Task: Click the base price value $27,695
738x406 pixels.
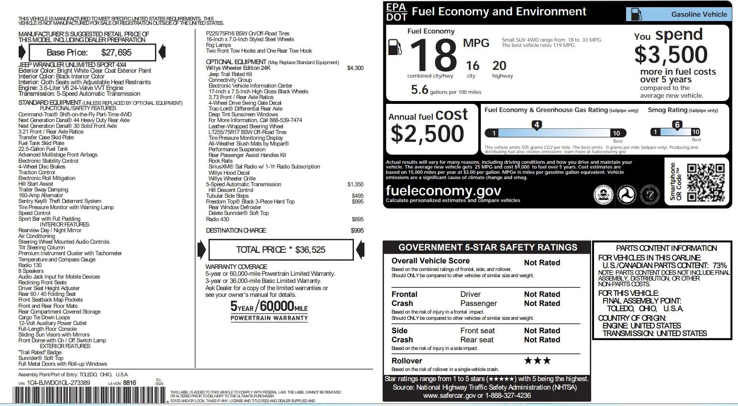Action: pyautogui.click(x=116, y=53)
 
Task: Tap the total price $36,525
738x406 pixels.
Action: pyautogui.click(x=310, y=249)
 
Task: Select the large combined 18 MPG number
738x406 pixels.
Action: pyautogui.click(x=433, y=55)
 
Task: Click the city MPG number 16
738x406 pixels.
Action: pyautogui.click(x=472, y=66)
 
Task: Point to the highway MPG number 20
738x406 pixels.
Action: pyautogui.click(x=499, y=66)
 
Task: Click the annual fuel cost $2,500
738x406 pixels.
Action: pyautogui.click(x=427, y=134)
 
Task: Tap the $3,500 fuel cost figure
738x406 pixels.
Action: pyautogui.click(x=671, y=55)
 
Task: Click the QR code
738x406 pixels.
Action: pyautogui.click(x=705, y=182)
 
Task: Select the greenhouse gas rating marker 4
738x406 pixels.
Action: pyautogui.click(x=537, y=125)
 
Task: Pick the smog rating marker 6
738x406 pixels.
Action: pyautogui.click(x=677, y=125)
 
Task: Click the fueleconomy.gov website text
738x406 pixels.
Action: pyautogui.click(x=443, y=191)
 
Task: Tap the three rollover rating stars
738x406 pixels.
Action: pyautogui.click(x=537, y=361)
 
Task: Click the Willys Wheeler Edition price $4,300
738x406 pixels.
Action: pyautogui.click(x=355, y=68)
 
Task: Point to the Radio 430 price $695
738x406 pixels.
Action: pyautogui.click(x=357, y=219)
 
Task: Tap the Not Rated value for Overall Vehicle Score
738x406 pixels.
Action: pyautogui.click(x=542, y=262)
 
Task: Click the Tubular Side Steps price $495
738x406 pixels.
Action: pyautogui.click(x=357, y=196)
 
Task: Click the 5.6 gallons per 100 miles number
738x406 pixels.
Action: pyautogui.click(x=419, y=90)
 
